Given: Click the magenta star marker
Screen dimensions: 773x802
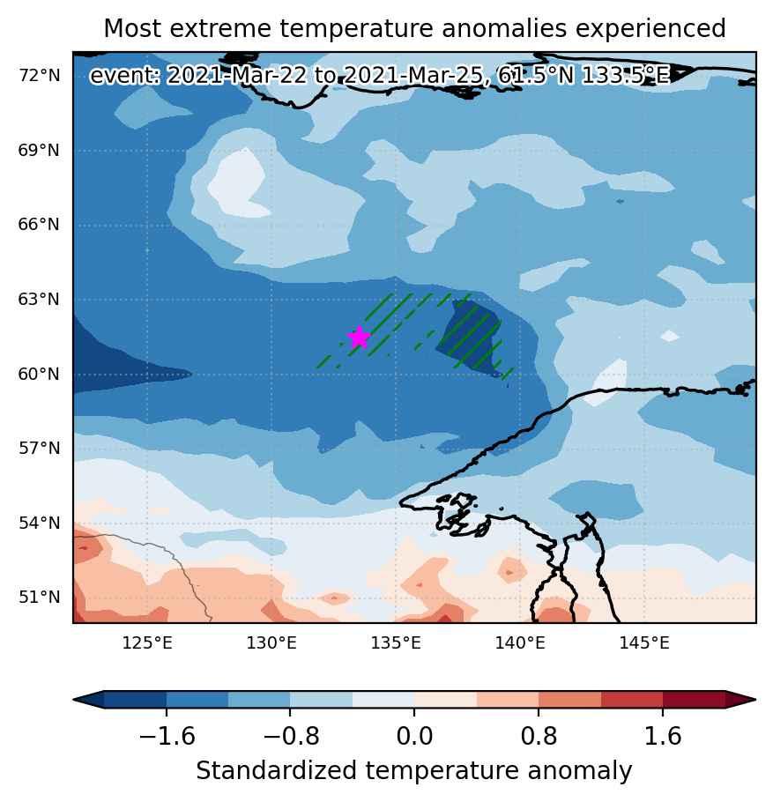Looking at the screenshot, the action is [359, 338].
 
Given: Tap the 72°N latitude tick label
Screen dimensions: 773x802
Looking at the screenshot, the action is [40, 76].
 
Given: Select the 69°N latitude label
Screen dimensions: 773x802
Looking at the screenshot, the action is [40, 151].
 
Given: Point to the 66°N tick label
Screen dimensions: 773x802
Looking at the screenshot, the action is [40, 225].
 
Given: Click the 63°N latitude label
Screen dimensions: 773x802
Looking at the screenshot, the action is [40, 300].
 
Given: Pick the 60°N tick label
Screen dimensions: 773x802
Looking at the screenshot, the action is [40, 374].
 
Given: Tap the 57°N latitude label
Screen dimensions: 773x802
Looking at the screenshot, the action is [40, 449].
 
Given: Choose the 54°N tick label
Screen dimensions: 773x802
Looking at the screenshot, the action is [40, 524].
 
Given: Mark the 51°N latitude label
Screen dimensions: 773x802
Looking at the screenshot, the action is [40, 598].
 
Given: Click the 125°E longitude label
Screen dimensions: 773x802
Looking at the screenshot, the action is [147, 643].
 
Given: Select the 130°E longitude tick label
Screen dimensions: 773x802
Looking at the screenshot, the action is [271, 643].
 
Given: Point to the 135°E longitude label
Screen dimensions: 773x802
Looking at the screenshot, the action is [396, 643].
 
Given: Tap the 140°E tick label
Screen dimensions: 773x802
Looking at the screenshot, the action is [520, 643].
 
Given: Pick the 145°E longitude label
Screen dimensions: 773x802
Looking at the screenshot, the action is [644, 643].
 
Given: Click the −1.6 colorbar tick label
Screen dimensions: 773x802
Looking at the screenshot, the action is [167, 737].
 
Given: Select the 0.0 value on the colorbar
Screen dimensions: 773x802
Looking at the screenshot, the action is [414, 737].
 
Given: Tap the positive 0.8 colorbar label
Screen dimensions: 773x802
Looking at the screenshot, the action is [539, 737].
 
